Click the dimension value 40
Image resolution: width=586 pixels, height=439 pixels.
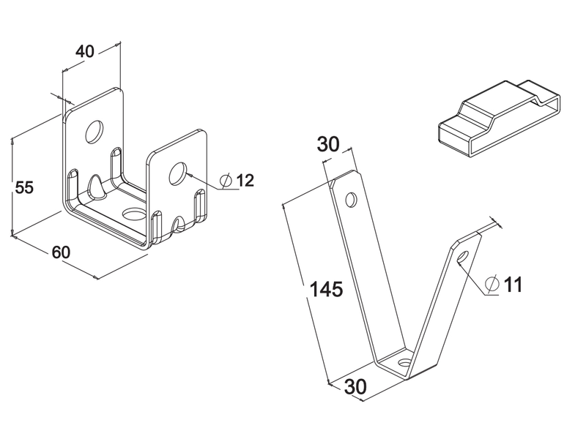(x=85, y=51)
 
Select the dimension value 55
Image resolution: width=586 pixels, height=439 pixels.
(x=25, y=187)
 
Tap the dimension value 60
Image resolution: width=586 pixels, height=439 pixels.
(x=61, y=252)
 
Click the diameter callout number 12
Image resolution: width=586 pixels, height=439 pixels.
(x=245, y=180)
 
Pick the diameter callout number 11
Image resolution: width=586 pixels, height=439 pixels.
(x=513, y=285)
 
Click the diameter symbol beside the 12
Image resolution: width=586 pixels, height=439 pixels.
(x=226, y=181)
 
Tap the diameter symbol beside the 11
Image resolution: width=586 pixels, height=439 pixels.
(x=492, y=284)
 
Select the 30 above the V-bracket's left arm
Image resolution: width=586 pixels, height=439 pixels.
(x=328, y=144)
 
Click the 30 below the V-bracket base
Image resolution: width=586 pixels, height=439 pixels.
(x=355, y=387)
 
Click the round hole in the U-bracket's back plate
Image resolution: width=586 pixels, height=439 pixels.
(x=94, y=132)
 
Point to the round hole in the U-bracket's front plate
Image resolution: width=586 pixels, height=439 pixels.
(x=178, y=173)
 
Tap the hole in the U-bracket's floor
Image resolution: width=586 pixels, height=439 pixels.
(x=133, y=214)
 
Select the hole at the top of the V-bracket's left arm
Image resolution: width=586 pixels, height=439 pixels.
(x=351, y=199)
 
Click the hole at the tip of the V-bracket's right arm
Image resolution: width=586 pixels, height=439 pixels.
(x=463, y=257)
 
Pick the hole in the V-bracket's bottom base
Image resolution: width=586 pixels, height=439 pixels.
(x=404, y=362)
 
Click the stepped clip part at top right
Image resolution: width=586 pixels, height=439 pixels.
(x=499, y=118)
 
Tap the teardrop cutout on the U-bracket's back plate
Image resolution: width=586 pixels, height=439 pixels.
(x=97, y=186)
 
